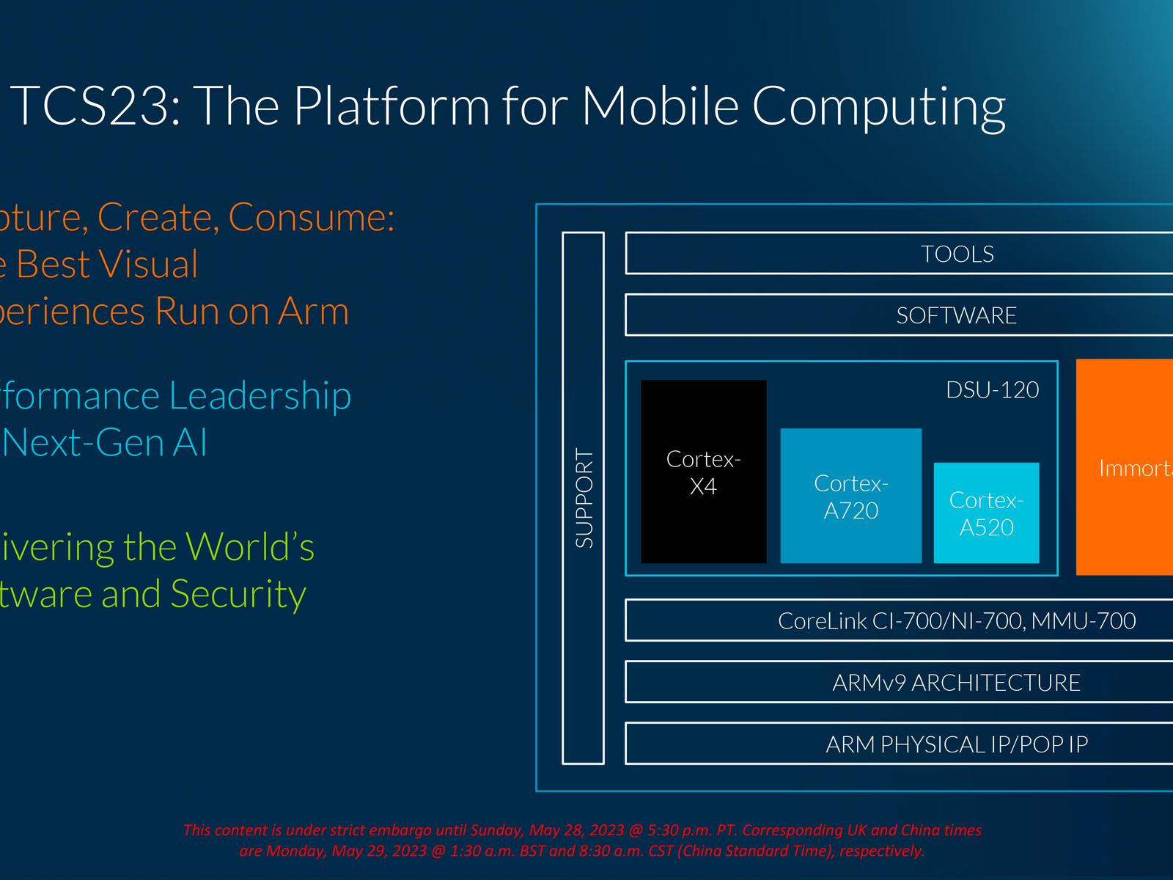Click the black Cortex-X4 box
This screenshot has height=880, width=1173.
pos(703,472)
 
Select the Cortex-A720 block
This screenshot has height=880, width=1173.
pos(850,496)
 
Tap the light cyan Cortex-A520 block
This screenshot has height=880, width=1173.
pos(986,513)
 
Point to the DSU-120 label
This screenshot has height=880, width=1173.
pos(992,389)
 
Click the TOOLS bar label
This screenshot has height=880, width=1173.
pos(957,254)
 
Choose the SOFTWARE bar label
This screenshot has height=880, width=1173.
pos(956,315)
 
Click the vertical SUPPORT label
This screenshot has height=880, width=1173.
pos(584,498)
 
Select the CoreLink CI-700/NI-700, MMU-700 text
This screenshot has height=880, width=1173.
pos(956,621)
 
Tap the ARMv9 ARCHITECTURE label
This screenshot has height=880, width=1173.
pos(956,683)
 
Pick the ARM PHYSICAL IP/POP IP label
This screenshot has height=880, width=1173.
pos(956,744)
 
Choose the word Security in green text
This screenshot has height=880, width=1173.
pos(238,595)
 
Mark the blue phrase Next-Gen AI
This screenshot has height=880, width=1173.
pos(105,443)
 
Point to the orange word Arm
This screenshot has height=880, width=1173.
pos(313,312)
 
